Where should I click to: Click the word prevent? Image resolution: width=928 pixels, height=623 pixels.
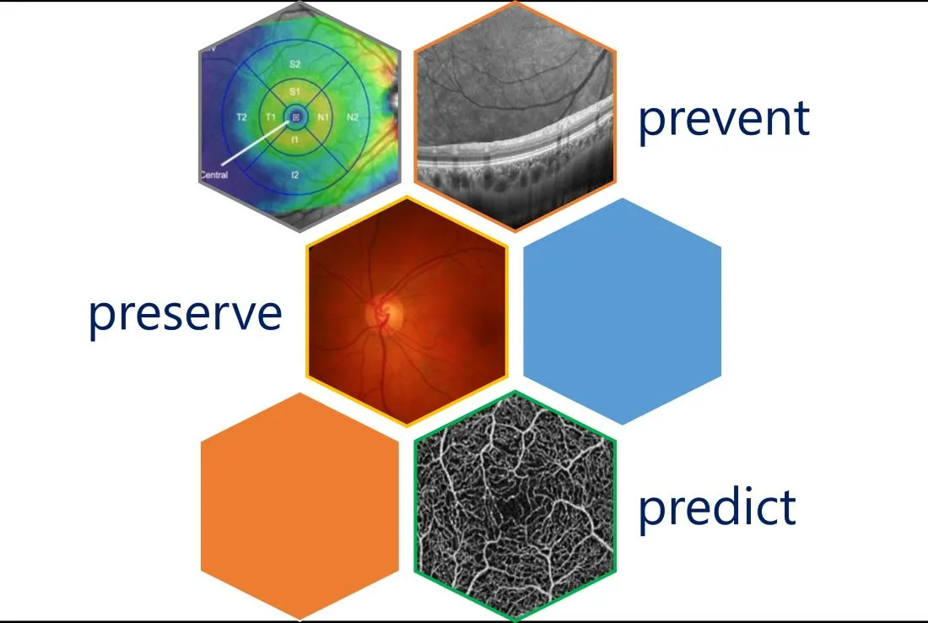pyautogui.click(x=723, y=119)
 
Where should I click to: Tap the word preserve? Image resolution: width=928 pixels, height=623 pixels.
pyautogui.click(x=186, y=313)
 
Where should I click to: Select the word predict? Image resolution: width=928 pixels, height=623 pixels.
pyautogui.click(x=716, y=507)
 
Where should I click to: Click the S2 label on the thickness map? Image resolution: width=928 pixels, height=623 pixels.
pyautogui.click(x=295, y=64)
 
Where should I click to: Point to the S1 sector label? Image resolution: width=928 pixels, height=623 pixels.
pyautogui.click(x=294, y=91)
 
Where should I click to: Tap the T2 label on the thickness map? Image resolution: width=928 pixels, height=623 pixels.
pyautogui.click(x=241, y=117)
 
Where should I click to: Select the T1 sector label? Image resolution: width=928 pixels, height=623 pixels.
pyautogui.click(x=271, y=117)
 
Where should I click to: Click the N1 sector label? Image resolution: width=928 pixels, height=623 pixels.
pyautogui.click(x=324, y=117)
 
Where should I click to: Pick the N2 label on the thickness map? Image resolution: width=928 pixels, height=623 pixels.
pyautogui.click(x=353, y=117)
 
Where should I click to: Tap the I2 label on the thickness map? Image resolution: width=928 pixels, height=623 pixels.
pyautogui.click(x=294, y=175)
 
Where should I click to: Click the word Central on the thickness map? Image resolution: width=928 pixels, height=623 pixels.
pyautogui.click(x=213, y=176)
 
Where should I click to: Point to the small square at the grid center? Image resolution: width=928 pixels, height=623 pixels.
pyautogui.click(x=296, y=116)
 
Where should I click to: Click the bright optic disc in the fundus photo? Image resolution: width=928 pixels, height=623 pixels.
pyautogui.click(x=381, y=313)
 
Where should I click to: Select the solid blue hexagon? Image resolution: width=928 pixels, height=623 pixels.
pyautogui.click(x=623, y=311)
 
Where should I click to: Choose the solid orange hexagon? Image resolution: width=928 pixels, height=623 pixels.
pyautogui.click(x=299, y=505)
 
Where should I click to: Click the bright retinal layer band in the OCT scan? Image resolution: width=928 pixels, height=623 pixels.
pyautogui.click(x=515, y=144)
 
